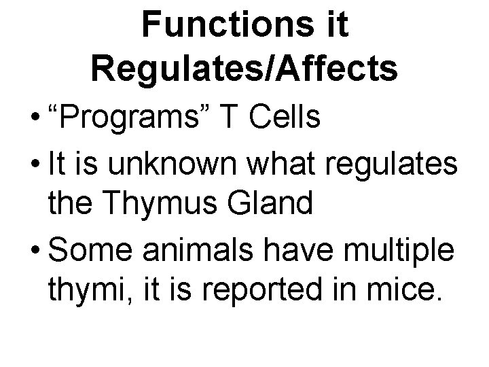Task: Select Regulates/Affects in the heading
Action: pos(244,70)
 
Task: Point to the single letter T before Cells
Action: pos(233,118)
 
